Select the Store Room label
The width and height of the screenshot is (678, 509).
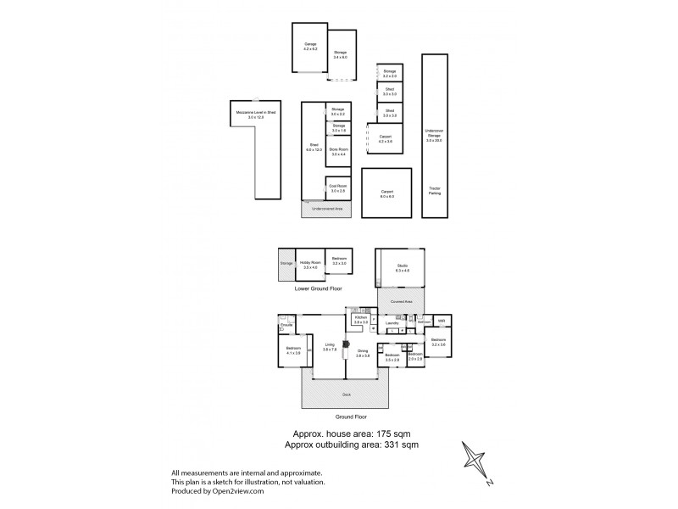click(x=338, y=151)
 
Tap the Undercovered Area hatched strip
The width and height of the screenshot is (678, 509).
click(x=325, y=208)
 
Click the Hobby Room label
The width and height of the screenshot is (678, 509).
click(x=309, y=265)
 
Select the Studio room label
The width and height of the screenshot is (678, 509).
click(x=403, y=268)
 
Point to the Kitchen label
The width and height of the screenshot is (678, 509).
click(x=359, y=319)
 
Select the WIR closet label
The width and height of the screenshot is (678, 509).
click(x=442, y=320)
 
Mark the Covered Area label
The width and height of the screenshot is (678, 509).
click(x=402, y=301)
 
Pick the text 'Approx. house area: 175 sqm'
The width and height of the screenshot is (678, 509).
click(x=342, y=433)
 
